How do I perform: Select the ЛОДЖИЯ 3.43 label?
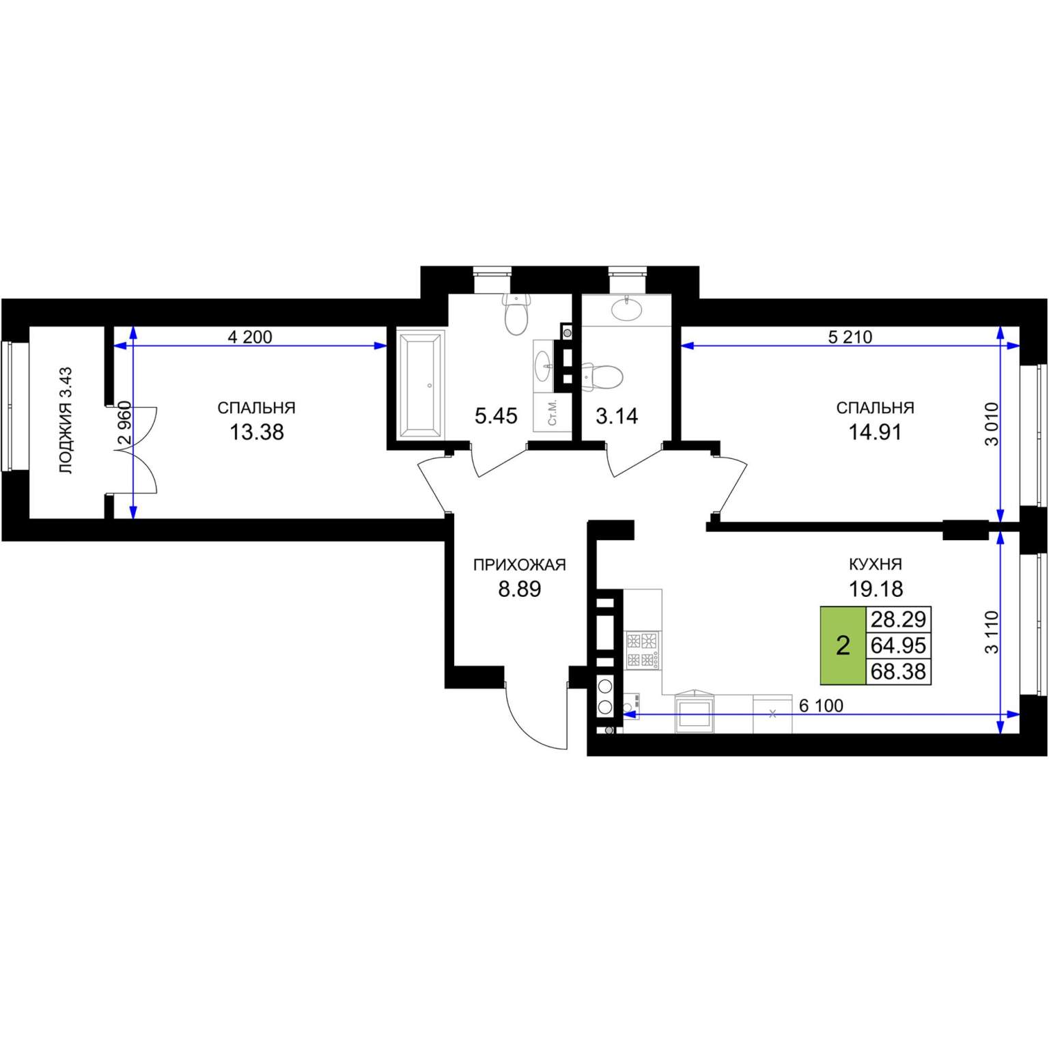click(66, 420)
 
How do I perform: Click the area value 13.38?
click(257, 432)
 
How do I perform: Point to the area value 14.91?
click(875, 432)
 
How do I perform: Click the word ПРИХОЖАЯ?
click(520, 565)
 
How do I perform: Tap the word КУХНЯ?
click(876, 564)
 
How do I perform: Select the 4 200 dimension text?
click(250, 337)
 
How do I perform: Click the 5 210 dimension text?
click(850, 337)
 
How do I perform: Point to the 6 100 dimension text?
click(822, 705)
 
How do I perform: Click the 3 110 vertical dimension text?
click(992, 632)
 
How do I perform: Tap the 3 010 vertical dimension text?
click(992, 424)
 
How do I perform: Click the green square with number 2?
click(843, 645)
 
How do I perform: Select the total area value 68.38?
click(898, 671)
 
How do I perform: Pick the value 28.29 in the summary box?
click(898, 619)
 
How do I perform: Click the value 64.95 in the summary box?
click(898, 645)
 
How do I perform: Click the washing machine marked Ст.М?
click(553, 412)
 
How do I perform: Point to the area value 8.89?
click(520, 589)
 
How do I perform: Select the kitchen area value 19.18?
click(876, 588)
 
